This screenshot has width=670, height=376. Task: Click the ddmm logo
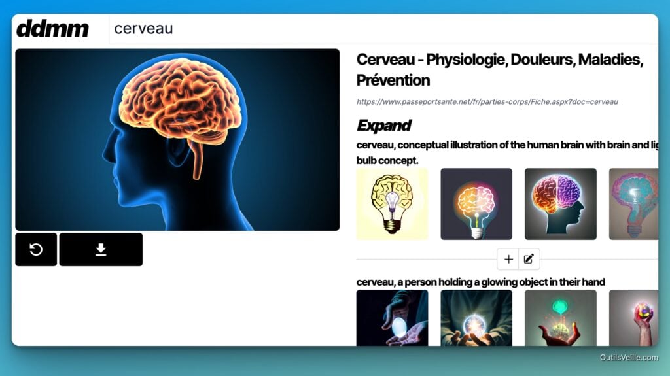click(52, 29)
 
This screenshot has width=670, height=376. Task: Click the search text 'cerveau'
click(143, 29)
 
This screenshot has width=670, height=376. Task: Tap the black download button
click(101, 249)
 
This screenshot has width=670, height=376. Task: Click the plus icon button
click(508, 259)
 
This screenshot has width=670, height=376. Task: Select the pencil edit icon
click(529, 259)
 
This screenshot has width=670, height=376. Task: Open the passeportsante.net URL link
click(487, 102)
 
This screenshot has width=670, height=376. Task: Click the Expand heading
click(383, 125)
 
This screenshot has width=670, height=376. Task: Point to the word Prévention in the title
click(393, 80)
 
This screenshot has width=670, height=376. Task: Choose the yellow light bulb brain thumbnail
click(392, 204)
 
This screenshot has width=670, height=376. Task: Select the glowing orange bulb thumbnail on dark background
click(476, 204)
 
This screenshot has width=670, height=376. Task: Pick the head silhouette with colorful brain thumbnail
click(560, 204)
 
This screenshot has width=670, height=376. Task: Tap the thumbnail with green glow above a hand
click(560, 318)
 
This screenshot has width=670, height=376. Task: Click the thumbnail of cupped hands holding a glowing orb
click(476, 318)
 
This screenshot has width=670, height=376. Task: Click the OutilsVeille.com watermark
click(629, 357)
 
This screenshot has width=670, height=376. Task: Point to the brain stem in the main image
click(196, 159)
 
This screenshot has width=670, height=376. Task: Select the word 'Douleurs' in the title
click(542, 60)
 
